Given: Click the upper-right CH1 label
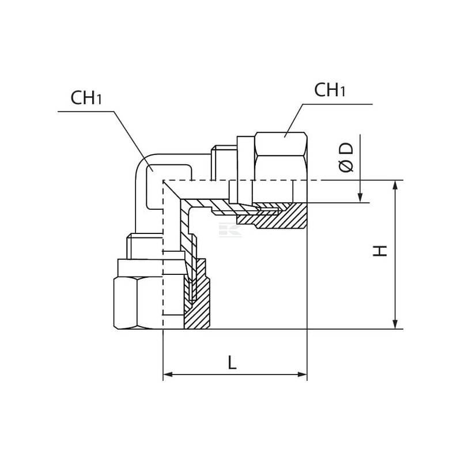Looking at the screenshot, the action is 330,90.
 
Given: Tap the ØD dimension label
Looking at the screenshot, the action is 346,157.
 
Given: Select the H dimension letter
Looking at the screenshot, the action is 380,251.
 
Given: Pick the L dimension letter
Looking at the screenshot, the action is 232,362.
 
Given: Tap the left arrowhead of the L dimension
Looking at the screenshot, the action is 168,375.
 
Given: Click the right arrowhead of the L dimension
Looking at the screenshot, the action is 302,375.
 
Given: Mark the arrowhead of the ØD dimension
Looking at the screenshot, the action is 360,198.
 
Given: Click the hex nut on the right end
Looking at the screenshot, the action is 281,168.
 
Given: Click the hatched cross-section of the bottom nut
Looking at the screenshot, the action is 197,294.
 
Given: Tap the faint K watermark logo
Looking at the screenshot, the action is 230,229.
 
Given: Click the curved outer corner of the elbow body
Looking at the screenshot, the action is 142,163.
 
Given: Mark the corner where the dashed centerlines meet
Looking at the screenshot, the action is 163,180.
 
